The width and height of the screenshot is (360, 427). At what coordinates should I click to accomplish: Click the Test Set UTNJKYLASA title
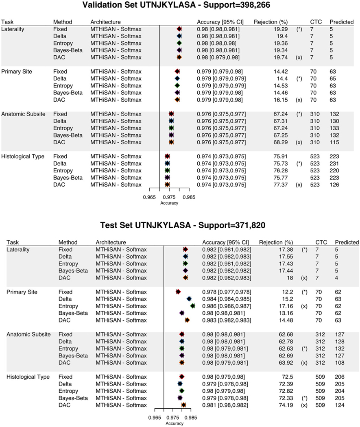[x=180, y=224]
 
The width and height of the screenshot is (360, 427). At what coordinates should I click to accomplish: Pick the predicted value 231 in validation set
[x=335, y=163]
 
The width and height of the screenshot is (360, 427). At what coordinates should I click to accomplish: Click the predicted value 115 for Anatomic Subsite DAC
[x=335, y=142]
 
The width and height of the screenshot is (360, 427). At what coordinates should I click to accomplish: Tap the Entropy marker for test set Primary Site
[x=193, y=306]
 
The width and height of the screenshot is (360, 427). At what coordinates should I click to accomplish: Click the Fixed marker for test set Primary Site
[x=178, y=292]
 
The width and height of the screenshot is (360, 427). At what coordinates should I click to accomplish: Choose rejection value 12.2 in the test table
[x=286, y=292]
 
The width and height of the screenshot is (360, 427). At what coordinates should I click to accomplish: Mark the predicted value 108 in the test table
[x=340, y=362]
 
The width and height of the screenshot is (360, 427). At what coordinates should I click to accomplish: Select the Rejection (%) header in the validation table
[x=267, y=22]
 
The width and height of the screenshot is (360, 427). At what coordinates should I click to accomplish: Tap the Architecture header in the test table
[x=111, y=242]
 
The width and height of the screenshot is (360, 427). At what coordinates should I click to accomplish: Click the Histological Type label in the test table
[x=28, y=377]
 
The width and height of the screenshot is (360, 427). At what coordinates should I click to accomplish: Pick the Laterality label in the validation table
[x=13, y=29]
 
